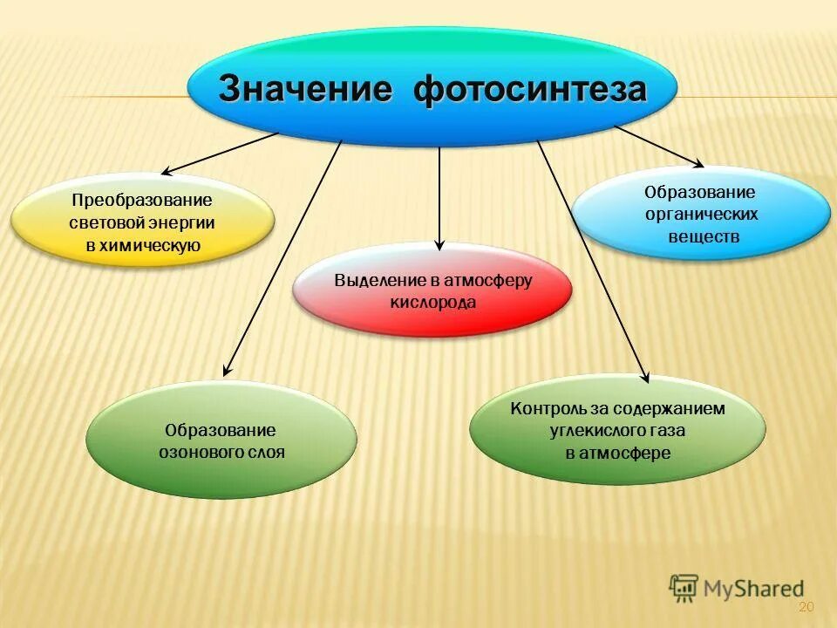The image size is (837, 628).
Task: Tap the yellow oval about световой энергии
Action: (142, 221)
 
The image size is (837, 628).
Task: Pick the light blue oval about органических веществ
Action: (701, 214)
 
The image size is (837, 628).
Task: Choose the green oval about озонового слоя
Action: (221, 440)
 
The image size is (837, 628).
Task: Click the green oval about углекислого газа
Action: (616, 430)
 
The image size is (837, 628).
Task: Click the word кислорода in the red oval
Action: (432, 303)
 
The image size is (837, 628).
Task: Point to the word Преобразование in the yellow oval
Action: (142, 200)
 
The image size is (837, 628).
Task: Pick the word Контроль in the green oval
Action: (541, 408)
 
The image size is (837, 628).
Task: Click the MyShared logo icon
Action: (684, 589)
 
